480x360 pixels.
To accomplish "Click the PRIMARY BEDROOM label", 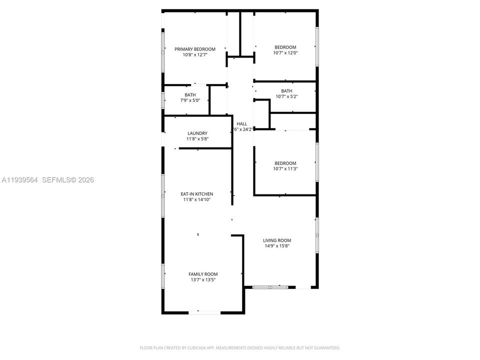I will pyautogui.click(x=194, y=49).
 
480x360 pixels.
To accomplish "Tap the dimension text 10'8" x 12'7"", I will pyautogui.click(x=194, y=55).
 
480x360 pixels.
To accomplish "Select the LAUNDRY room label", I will pyautogui.click(x=197, y=133).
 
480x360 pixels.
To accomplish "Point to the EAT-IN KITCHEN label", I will pyautogui.click(x=197, y=194).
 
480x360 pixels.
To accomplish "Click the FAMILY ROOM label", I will pyautogui.click(x=203, y=274).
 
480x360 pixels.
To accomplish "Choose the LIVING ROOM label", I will pyautogui.click(x=277, y=240).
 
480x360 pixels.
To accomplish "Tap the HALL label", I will pyautogui.click(x=242, y=123).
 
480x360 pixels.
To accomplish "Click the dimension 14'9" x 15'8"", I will pyautogui.click(x=277, y=246).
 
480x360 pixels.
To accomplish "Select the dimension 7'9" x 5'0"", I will pyautogui.click(x=190, y=100).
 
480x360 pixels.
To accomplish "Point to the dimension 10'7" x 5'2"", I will pyautogui.click(x=286, y=96).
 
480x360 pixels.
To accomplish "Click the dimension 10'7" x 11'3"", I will pyautogui.click(x=285, y=169).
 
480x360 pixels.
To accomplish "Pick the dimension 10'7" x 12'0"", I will pyautogui.click(x=285, y=53).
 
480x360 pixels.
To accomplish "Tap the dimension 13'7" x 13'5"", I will pyautogui.click(x=203, y=280).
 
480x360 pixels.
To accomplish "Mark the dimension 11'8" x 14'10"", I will pyautogui.click(x=197, y=200).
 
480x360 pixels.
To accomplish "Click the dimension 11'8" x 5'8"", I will pyautogui.click(x=197, y=138).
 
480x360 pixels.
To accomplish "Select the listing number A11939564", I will pyautogui.click(x=19, y=180).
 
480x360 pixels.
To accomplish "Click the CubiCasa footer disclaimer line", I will pyautogui.click(x=240, y=347).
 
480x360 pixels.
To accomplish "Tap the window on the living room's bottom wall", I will pyautogui.click(x=270, y=287).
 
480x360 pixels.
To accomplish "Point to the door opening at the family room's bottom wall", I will pyautogui.click(x=204, y=312).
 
